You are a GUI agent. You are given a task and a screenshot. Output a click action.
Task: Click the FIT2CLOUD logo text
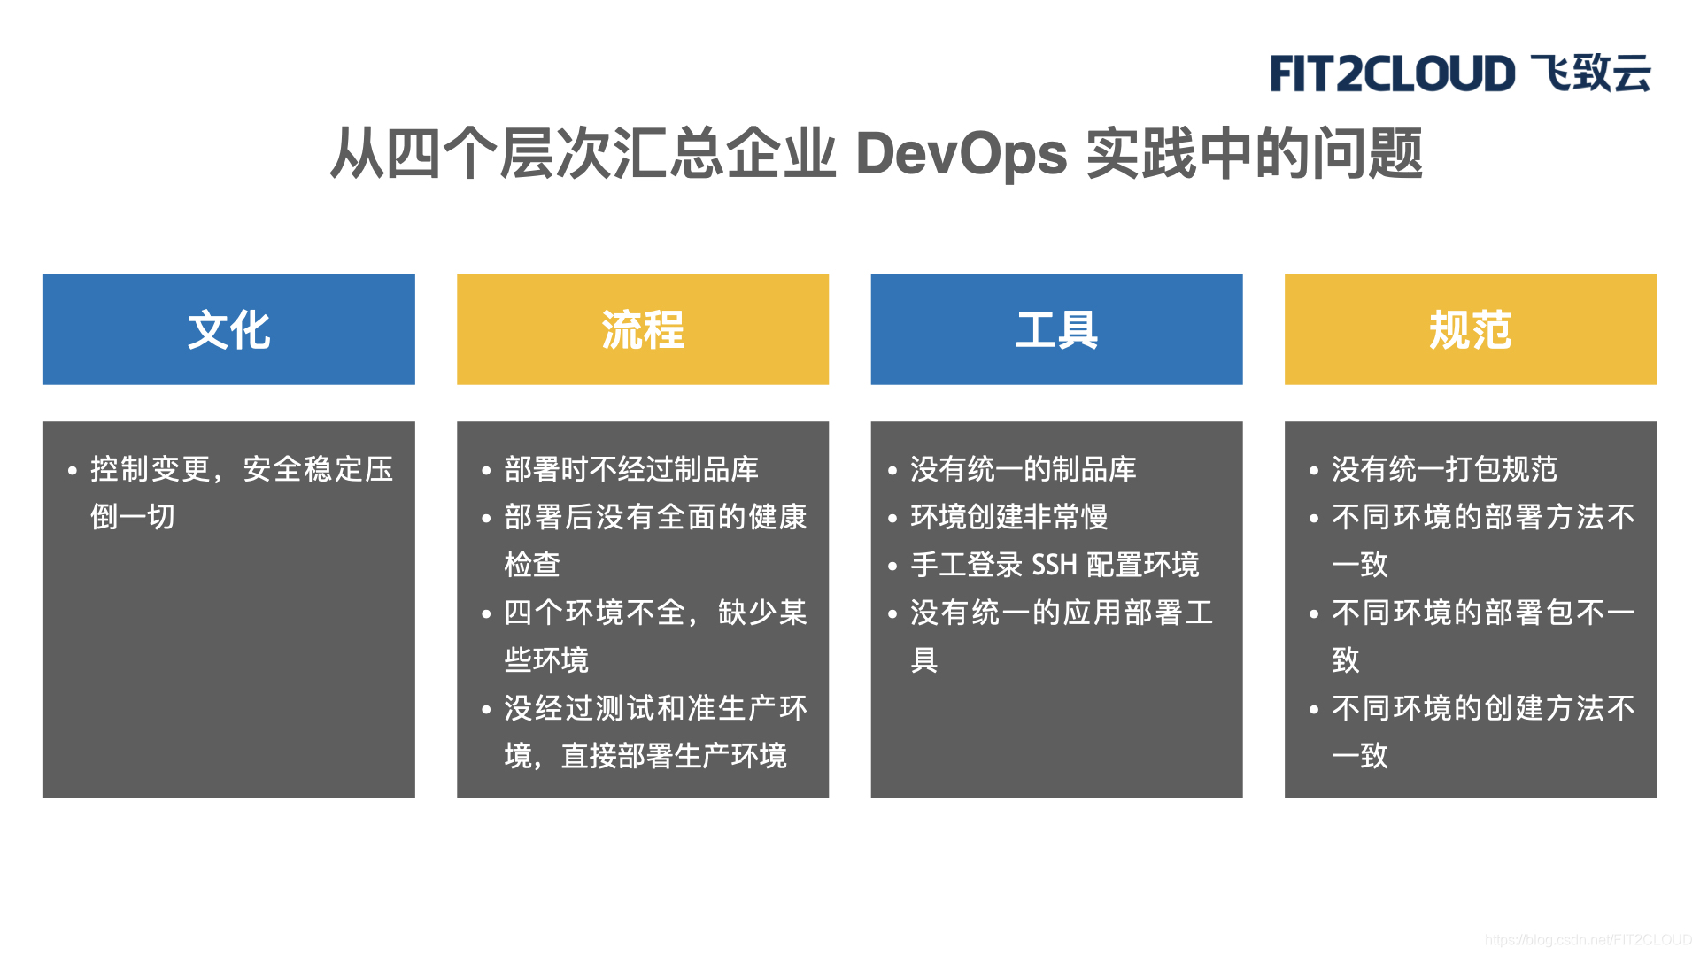coord(1392,73)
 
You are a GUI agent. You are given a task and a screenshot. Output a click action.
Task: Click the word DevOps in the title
coord(962,154)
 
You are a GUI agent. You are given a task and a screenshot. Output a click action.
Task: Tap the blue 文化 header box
coord(228,329)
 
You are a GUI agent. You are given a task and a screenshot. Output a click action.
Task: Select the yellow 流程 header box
coord(643,329)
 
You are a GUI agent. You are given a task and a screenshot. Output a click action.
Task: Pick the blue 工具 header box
coord(1056,329)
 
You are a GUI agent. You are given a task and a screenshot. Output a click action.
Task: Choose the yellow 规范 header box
coord(1470,329)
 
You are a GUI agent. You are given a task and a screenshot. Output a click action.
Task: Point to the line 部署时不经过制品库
coord(631,469)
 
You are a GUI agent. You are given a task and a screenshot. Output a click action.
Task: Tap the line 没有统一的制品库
coord(1023,469)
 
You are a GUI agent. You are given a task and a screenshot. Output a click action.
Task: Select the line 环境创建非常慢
coord(1008,517)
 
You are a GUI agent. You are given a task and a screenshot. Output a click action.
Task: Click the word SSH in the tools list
coord(1054,565)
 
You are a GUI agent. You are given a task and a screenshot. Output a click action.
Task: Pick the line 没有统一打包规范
coord(1444,469)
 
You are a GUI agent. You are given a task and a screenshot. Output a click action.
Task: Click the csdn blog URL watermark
coord(1588,940)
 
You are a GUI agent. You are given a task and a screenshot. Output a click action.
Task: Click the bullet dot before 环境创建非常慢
coord(892,519)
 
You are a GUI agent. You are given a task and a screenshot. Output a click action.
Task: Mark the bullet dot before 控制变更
coord(73,471)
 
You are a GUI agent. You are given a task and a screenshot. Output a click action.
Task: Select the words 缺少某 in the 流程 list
coord(762,613)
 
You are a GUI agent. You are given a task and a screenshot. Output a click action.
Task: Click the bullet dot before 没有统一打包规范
coord(1314,471)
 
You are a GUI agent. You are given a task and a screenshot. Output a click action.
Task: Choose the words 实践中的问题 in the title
coord(1254,154)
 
